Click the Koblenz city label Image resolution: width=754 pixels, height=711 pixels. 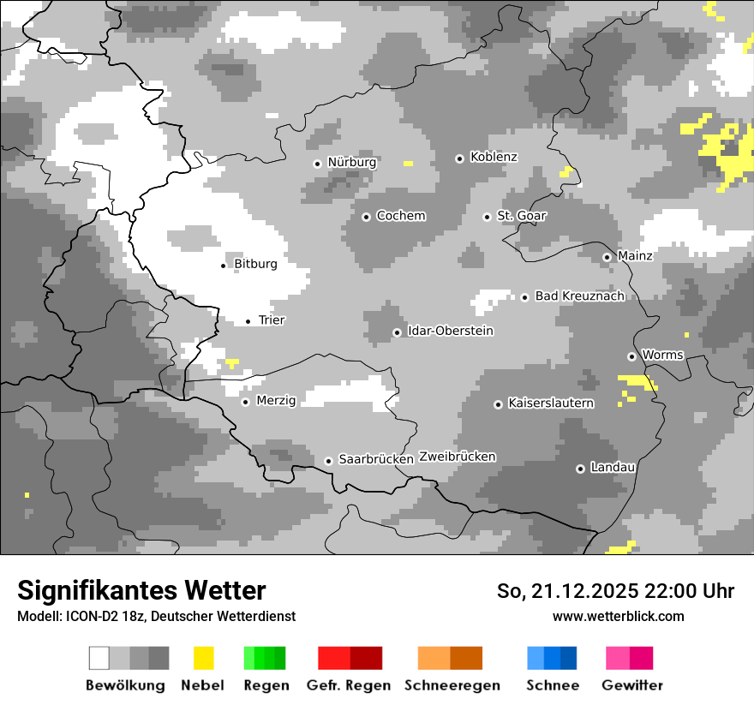[494, 157]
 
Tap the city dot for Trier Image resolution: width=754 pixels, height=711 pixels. [248, 321]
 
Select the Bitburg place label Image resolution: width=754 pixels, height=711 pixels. [255, 264]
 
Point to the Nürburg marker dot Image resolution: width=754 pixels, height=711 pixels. [317, 163]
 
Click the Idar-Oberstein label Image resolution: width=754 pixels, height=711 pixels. [451, 331]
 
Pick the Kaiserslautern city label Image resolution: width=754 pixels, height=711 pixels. [550, 403]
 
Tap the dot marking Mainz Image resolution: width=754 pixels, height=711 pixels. [607, 257]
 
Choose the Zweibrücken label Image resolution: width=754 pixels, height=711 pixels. [457, 457]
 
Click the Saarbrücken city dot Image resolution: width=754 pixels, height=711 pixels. [328, 461]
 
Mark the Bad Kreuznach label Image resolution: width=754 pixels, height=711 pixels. [579, 296]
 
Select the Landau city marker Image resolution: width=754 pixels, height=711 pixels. [580, 469]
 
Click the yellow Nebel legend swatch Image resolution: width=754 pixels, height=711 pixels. [203, 658]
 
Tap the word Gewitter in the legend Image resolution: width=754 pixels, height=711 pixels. [631, 685]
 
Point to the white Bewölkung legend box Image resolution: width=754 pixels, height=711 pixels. [99, 658]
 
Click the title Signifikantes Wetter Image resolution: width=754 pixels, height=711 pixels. [141, 590]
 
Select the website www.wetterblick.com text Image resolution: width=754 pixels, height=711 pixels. [618, 616]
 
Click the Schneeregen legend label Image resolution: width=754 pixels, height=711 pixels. [452, 685]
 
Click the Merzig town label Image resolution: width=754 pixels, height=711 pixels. [276, 400]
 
